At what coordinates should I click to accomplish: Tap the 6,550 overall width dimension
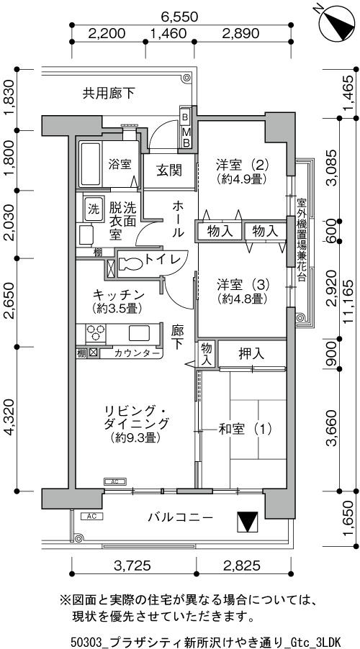pyautogui.click(x=180, y=17)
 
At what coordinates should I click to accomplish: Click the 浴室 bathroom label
pyautogui.click(x=120, y=165)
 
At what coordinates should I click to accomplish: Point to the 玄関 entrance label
pyautogui.click(x=169, y=171)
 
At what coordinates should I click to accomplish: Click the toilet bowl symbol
pyautogui.click(x=130, y=263)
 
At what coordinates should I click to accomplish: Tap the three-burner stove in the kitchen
pyautogui.click(x=95, y=334)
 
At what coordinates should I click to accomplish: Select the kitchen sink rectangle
pyautogui.click(x=140, y=333)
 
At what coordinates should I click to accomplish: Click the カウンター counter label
pyautogui.click(x=136, y=353)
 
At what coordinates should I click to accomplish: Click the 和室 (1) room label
pyautogui.click(x=244, y=430)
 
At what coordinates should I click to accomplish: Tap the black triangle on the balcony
pyautogui.click(x=247, y=522)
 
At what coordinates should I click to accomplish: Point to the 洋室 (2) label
pyautogui.click(x=243, y=165)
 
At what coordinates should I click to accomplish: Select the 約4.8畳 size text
pyautogui.click(x=240, y=298)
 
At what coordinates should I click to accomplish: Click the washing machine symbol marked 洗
pyautogui.click(x=91, y=208)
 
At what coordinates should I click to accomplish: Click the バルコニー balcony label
pyautogui.click(x=181, y=517)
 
